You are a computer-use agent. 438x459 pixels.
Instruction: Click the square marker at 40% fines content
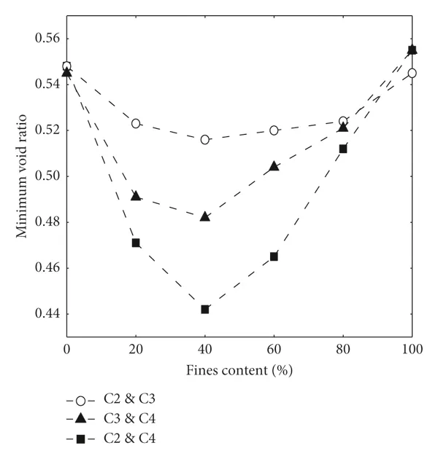click(205, 310)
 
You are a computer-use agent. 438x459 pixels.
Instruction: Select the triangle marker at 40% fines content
click(205, 216)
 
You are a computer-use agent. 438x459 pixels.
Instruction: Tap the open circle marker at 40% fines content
click(205, 139)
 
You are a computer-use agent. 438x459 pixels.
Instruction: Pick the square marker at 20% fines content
click(136, 243)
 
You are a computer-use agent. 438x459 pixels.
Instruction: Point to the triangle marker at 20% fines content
click(136, 196)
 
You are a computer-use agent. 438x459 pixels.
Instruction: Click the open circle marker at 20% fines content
click(136, 123)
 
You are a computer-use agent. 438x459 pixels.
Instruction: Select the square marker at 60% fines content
click(274, 256)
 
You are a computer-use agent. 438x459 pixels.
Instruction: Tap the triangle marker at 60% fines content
click(274, 166)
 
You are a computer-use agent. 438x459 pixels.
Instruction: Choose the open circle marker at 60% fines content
click(274, 130)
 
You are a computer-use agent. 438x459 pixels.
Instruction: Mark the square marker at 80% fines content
click(343, 149)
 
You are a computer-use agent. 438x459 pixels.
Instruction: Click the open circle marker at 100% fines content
click(412, 73)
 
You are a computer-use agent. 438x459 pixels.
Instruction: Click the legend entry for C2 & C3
click(121, 400)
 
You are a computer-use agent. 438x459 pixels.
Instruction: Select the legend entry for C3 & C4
click(121, 419)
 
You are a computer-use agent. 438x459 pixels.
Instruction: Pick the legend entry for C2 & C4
click(121, 438)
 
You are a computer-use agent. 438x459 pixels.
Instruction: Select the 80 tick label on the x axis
click(343, 350)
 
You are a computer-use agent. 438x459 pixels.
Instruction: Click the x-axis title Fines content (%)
click(239, 370)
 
